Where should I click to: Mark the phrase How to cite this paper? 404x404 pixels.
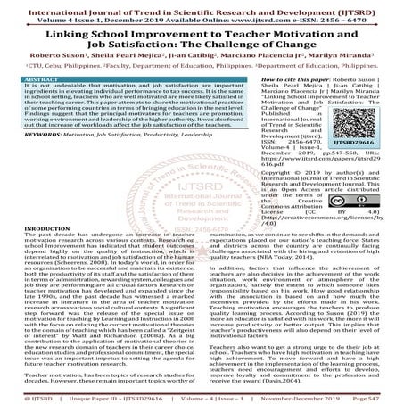(x=272, y=77)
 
